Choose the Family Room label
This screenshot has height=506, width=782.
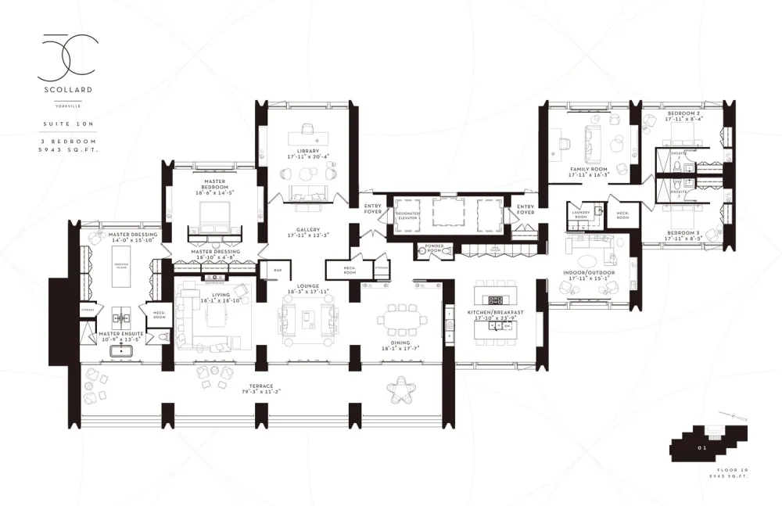pos(588,171)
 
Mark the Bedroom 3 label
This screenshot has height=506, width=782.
pos(683,232)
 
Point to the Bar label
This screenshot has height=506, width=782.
pos(277,271)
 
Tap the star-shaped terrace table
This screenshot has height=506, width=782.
pos(406,388)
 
